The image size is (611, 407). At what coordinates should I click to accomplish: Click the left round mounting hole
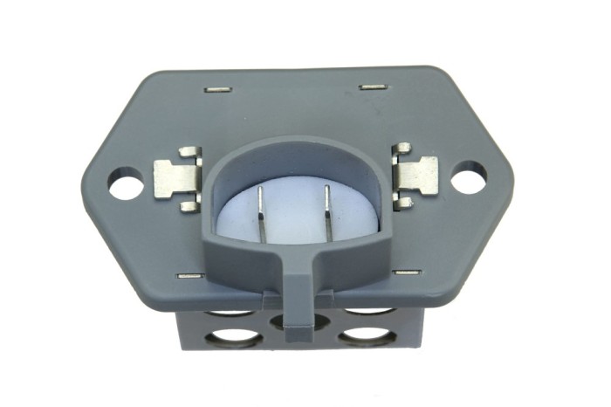(x=126, y=185)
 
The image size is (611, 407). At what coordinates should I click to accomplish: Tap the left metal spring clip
(x=177, y=179)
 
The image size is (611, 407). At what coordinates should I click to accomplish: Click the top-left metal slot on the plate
(x=217, y=89)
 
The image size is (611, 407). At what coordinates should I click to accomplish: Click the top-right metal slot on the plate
(x=373, y=87)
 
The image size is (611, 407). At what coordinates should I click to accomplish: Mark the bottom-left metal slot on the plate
(x=189, y=276)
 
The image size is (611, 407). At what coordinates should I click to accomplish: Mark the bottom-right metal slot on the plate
(x=407, y=272)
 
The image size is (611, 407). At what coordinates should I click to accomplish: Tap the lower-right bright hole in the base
(x=367, y=336)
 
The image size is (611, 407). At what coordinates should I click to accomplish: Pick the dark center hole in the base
(x=293, y=323)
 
